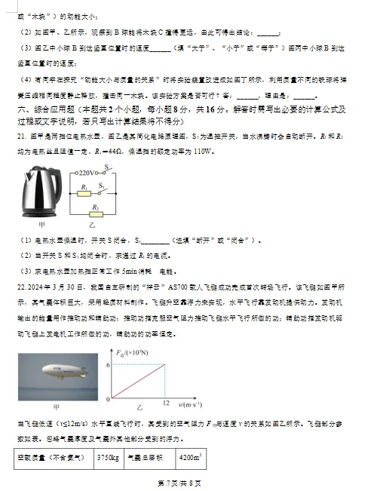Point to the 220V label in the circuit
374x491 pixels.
pos(92,173)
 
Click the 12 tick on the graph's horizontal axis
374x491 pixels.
pos(166,406)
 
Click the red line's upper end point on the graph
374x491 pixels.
pos(165,365)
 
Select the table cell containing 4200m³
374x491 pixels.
pos(189,458)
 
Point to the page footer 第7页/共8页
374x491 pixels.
pos(179,482)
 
